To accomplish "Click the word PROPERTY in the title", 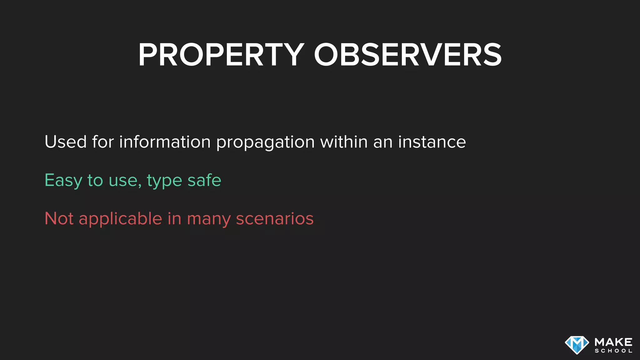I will tap(221, 55).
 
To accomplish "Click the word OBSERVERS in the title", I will tap(407, 55).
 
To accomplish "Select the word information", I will tap(165, 142).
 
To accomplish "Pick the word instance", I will tap(432, 142).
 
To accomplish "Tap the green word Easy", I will tap(63, 181).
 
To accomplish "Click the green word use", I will tap(124, 181).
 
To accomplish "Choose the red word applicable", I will tap(120, 219).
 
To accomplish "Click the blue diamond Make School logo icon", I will tap(577, 345).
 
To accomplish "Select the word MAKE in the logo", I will tap(613, 342).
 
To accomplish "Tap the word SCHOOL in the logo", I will tap(613, 351).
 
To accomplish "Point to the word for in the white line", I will tap(103, 142).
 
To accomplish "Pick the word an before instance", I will tap(383, 142).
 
